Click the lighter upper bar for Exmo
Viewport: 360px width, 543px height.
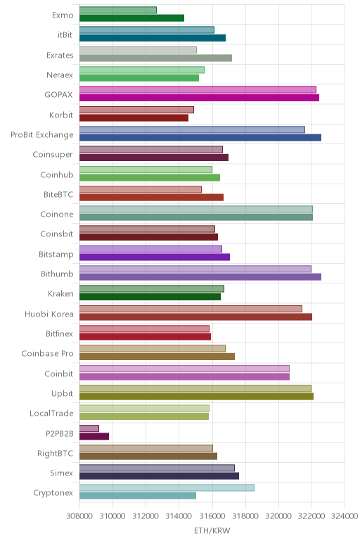coord(118,10)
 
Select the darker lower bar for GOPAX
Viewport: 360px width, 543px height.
coord(200,98)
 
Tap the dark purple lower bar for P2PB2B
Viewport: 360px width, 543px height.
coord(94,436)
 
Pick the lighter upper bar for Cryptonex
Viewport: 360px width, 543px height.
coord(167,487)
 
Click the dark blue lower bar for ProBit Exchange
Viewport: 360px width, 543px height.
coord(200,137)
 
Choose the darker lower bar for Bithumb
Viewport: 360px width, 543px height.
coord(200,276)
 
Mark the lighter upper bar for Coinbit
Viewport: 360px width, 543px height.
coord(184,369)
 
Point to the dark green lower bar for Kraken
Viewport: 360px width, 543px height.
coord(150,297)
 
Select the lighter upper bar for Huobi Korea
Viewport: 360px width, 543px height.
coord(191,309)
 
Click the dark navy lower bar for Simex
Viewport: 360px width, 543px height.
coord(159,475)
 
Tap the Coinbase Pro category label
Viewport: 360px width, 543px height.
coord(47,354)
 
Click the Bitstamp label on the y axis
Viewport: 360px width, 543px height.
coord(56,254)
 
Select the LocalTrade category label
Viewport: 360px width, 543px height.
coord(51,413)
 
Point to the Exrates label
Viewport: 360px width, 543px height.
coord(60,55)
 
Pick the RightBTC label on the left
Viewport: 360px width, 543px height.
coord(56,453)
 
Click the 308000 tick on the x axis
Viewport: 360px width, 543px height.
coord(79,516)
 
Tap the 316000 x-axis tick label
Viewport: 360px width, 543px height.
coord(212,516)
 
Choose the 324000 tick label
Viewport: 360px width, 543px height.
coord(344,516)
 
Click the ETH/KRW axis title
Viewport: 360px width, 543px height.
coord(212,530)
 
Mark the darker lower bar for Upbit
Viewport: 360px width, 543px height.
coord(197,396)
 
